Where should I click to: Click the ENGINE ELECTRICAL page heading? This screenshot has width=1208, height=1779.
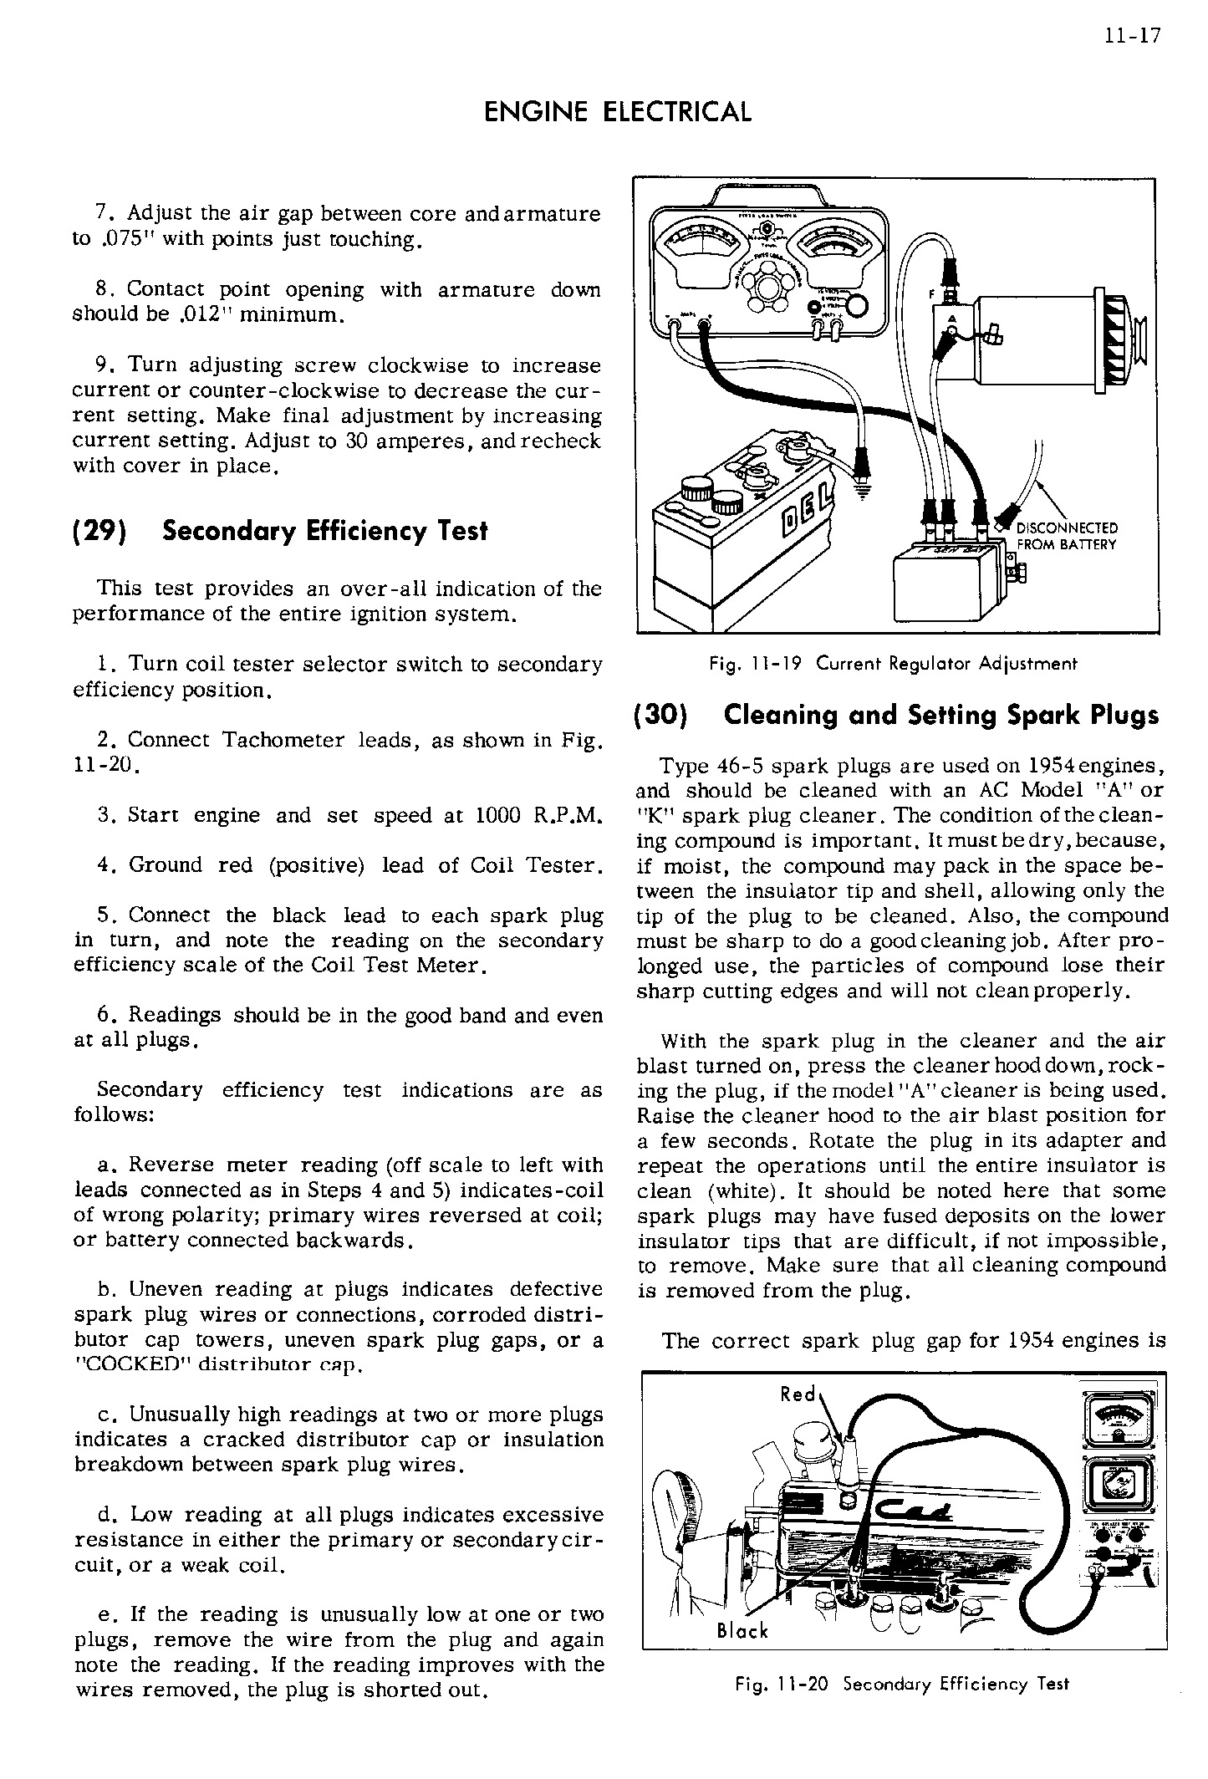click(618, 111)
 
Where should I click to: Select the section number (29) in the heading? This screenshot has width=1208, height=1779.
click(104, 531)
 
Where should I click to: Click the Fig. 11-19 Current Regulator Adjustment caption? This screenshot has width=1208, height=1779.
click(893, 664)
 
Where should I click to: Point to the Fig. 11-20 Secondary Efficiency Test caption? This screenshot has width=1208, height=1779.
click(901, 1684)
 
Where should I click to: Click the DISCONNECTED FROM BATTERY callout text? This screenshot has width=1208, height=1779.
click(1067, 537)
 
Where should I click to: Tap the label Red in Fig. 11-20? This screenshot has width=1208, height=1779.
click(798, 1394)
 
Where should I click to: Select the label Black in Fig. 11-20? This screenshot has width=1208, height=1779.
click(742, 1630)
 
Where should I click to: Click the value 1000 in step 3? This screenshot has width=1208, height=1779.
click(498, 815)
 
